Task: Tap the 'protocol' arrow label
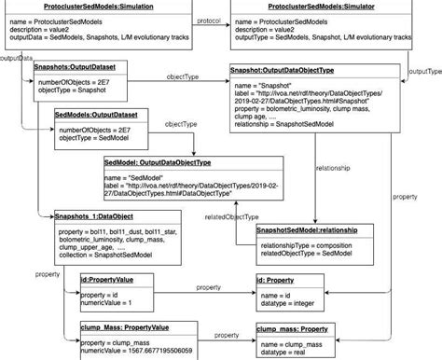[209, 20]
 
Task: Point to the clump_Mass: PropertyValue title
[124, 328]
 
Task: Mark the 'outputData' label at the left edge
[14, 58]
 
